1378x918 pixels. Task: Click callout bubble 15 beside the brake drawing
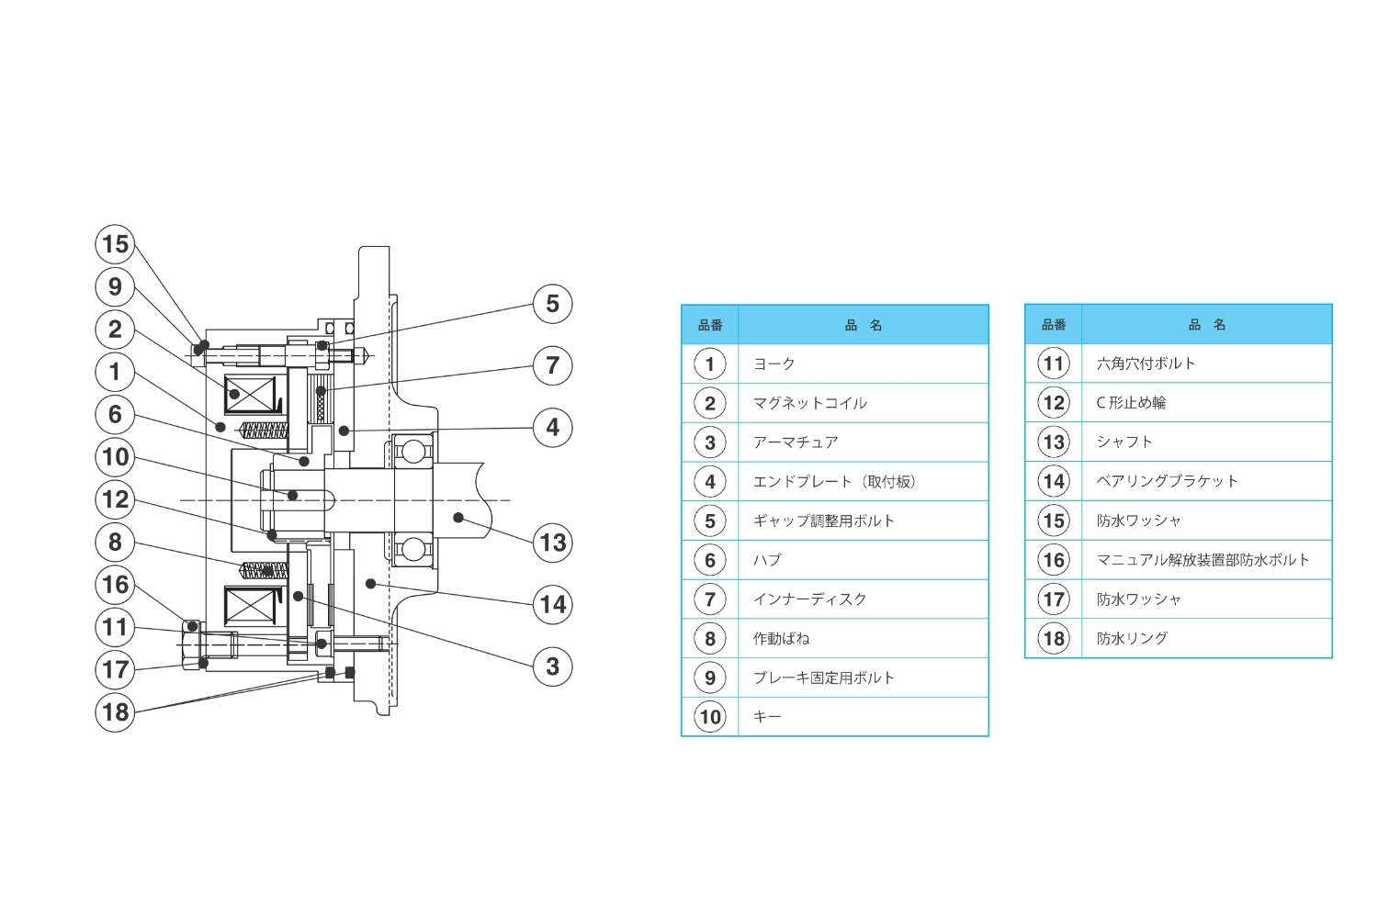coord(115,244)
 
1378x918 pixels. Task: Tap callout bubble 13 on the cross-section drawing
coord(553,543)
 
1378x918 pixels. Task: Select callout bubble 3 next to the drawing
coord(553,666)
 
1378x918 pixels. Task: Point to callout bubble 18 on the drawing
coord(115,711)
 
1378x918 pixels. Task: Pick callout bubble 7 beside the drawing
coord(553,365)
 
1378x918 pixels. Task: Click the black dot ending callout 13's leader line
coord(458,518)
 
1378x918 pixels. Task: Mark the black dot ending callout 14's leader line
coord(370,583)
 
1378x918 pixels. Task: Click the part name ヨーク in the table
coord(774,364)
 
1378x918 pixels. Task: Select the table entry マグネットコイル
coord(809,403)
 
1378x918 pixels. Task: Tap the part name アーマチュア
coord(795,442)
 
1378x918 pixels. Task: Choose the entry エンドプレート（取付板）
coord(833,482)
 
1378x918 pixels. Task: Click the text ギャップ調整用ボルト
coord(823,521)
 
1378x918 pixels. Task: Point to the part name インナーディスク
coord(809,599)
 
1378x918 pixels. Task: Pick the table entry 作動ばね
coord(781,639)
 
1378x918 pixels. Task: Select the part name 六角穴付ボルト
coord(1146,364)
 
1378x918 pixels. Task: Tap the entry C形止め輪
coord(1131,403)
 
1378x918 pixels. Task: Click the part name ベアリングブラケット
coord(1167,481)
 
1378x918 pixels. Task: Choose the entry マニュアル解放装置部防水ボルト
coord(1203,560)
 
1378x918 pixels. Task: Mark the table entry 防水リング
coord(1132,638)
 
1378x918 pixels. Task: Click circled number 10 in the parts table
coord(710,717)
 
